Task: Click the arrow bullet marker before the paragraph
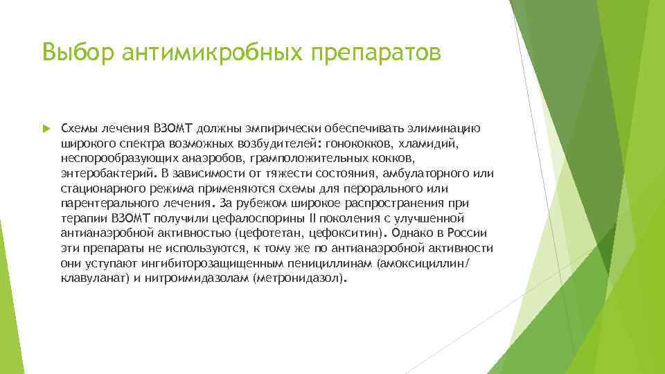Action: pos(46,129)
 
